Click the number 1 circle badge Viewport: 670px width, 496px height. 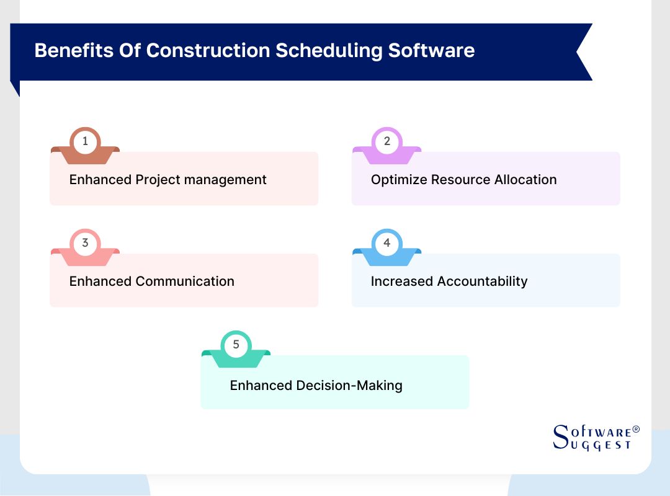pos(85,141)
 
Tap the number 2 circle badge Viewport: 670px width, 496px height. pos(386,141)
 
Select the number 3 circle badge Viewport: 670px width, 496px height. pos(85,243)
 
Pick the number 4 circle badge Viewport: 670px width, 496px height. pos(386,243)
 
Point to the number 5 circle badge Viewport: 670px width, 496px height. pos(236,345)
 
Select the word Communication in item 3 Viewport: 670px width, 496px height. pos(185,281)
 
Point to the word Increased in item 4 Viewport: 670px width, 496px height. pos(401,281)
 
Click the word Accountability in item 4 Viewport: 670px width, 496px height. pos(482,281)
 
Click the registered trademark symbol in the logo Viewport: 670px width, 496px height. pos(635,430)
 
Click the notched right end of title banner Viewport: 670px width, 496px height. pos(583,52)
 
